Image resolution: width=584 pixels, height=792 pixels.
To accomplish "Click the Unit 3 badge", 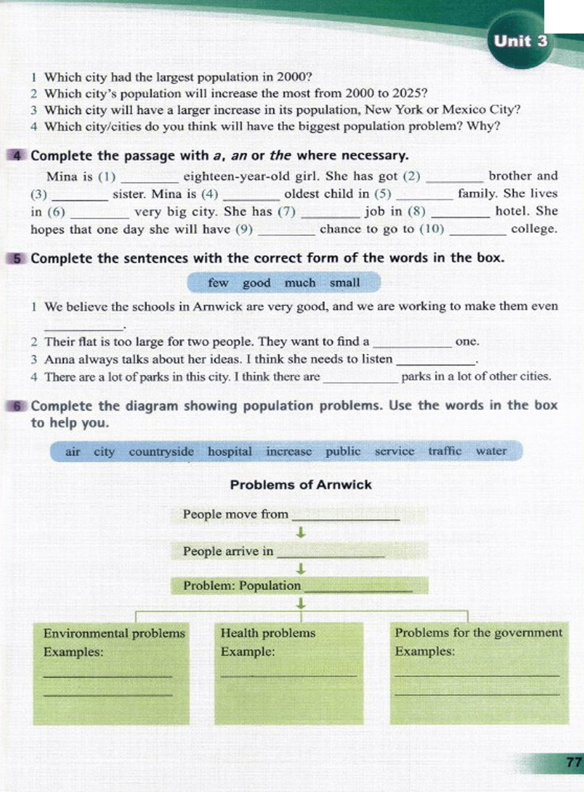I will click(520, 41).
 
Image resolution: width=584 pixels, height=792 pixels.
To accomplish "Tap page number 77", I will click(574, 762).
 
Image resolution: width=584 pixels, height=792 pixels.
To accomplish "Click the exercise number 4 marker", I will click(18, 156).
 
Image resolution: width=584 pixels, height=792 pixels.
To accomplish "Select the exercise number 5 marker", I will click(18, 258).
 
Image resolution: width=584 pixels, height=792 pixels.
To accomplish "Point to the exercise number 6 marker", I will click(18, 406).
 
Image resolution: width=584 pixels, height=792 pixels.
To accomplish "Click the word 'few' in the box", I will click(218, 283).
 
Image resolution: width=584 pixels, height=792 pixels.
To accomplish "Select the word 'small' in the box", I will click(344, 283).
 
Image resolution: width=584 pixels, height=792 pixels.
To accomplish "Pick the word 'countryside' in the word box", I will click(161, 452).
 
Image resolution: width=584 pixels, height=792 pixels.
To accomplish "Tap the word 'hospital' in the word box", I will click(229, 452).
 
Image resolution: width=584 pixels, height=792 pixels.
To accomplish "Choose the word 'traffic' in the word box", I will click(444, 451).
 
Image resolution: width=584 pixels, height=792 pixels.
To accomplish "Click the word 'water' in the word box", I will click(491, 451).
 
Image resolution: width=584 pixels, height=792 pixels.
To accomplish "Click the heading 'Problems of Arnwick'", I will click(301, 485).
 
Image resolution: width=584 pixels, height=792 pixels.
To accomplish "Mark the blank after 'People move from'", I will click(346, 516).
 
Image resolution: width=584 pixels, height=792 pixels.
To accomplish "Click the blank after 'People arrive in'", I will click(331, 553).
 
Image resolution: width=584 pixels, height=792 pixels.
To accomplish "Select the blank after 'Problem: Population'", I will click(358, 588).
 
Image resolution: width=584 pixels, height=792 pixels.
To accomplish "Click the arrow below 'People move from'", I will click(301, 533).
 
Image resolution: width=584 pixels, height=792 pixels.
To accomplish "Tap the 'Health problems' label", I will click(267, 633).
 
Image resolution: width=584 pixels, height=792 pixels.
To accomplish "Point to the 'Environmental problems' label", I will click(114, 633).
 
